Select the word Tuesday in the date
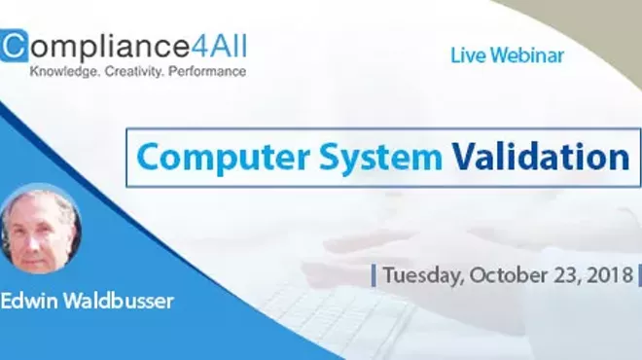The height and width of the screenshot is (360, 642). coord(423,275)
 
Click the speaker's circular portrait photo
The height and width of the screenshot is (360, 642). coord(40,232)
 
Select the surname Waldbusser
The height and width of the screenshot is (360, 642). coord(119,301)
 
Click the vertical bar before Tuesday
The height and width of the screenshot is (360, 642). coord(374,275)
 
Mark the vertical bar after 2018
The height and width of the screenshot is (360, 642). coord(638,275)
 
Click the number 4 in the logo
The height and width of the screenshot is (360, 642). coord(208,46)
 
